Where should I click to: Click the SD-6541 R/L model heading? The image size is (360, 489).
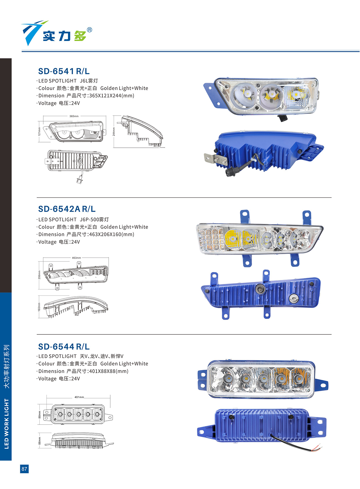(64, 71)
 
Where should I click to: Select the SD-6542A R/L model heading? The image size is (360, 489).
(67, 209)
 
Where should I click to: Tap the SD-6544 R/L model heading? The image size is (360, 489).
(64, 347)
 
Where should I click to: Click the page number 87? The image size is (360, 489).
(24, 468)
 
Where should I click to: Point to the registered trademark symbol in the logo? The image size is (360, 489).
(89, 30)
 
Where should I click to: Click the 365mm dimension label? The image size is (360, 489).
(74, 116)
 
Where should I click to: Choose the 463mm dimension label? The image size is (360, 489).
(76, 258)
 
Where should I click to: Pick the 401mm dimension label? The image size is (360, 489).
(79, 397)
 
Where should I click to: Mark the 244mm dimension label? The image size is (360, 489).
(114, 132)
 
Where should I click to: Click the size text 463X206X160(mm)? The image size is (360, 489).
(112, 235)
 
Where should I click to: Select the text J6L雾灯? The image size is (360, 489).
(89, 81)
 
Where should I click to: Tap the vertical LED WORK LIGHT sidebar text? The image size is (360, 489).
(6, 424)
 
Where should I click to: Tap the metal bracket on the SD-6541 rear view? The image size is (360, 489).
(215, 159)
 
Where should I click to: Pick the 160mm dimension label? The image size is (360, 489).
(39, 307)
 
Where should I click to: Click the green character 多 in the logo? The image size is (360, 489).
(80, 35)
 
